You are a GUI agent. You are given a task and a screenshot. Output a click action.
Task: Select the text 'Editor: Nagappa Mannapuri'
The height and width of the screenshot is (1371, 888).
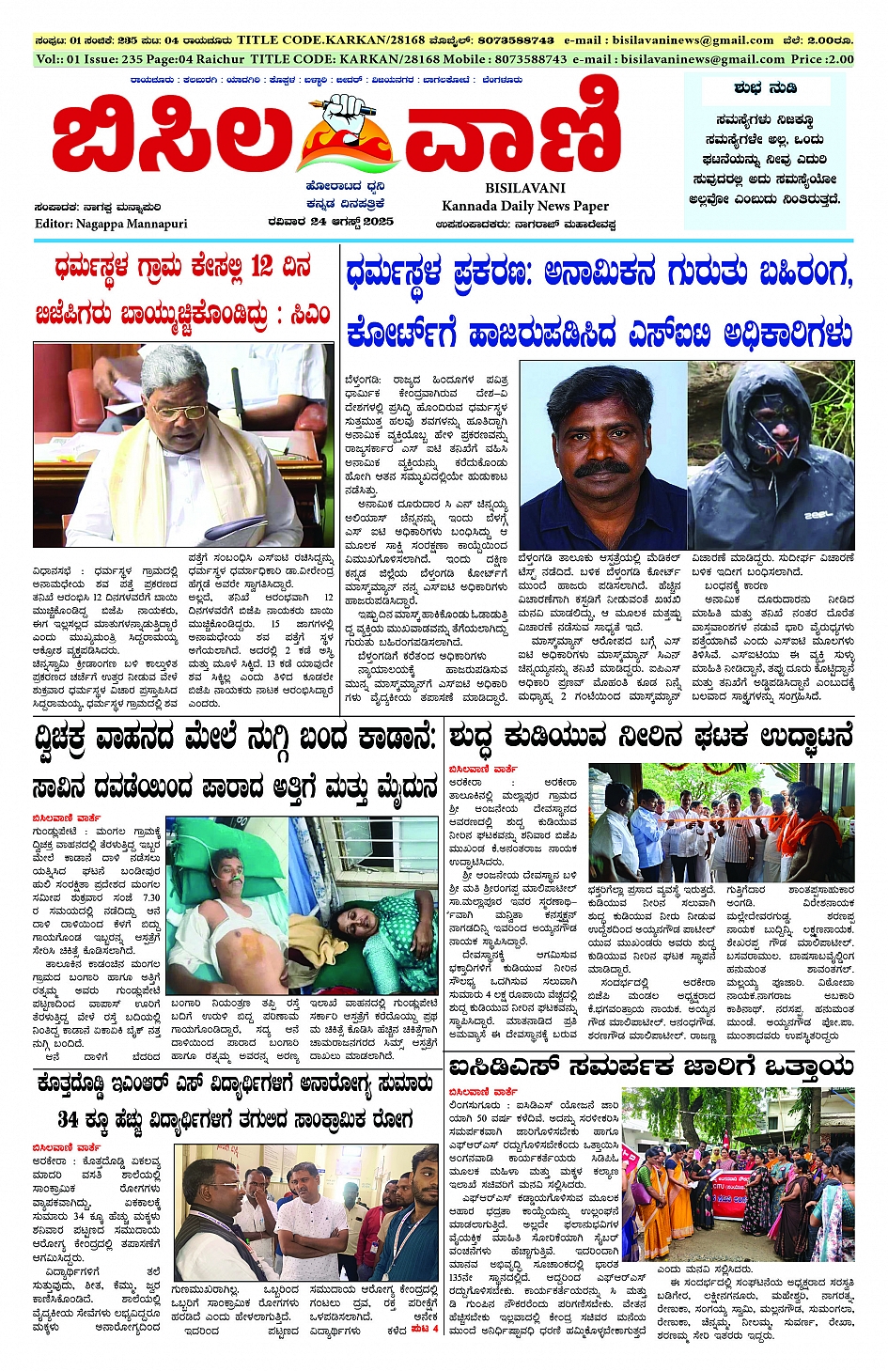point(111,224)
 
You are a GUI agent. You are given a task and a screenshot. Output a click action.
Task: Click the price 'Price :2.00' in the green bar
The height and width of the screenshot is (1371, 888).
point(822,58)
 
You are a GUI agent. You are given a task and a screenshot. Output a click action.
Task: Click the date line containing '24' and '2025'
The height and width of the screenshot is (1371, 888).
point(330,222)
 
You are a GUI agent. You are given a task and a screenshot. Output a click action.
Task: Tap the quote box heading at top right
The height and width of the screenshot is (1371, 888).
point(765,88)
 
